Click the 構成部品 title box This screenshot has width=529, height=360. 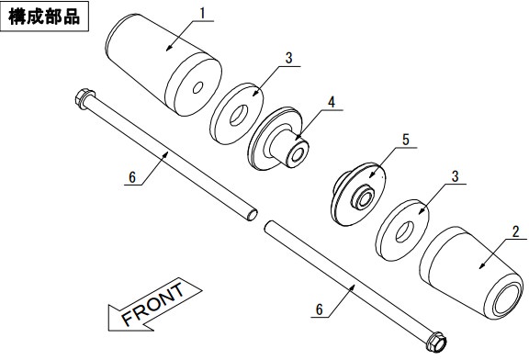click(x=44, y=17)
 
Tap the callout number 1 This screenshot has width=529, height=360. click(x=202, y=14)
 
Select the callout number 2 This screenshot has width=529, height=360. click(x=515, y=231)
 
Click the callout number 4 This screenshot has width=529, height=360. click(x=332, y=102)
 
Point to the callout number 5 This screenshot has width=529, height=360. click(x=406, y=140)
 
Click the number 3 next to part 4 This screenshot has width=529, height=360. click(x=288, y=58)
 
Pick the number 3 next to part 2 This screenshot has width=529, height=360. click(x=456, y=176)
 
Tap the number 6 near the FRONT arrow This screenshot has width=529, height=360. click(x=132, y=177)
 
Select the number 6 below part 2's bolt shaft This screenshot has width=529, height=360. click(x=320, y=309)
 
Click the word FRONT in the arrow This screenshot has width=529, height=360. click(x=152, y=304)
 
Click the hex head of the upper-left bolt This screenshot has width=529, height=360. click(x=84, y=98)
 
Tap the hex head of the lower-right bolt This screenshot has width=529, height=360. click(x=436, y=342)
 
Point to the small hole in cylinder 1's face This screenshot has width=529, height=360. click(x=197, y=88)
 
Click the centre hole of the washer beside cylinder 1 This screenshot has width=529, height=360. click(x=239, y=116)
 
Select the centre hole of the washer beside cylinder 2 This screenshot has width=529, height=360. click(x=404, y=231)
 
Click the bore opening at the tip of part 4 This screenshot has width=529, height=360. click(x=298, y=154)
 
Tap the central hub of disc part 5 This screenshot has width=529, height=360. click(x=363, y=198)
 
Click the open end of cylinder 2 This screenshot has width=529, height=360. click(x=505, y=298)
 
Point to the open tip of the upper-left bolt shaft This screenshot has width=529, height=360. click(x=253, y=215)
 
